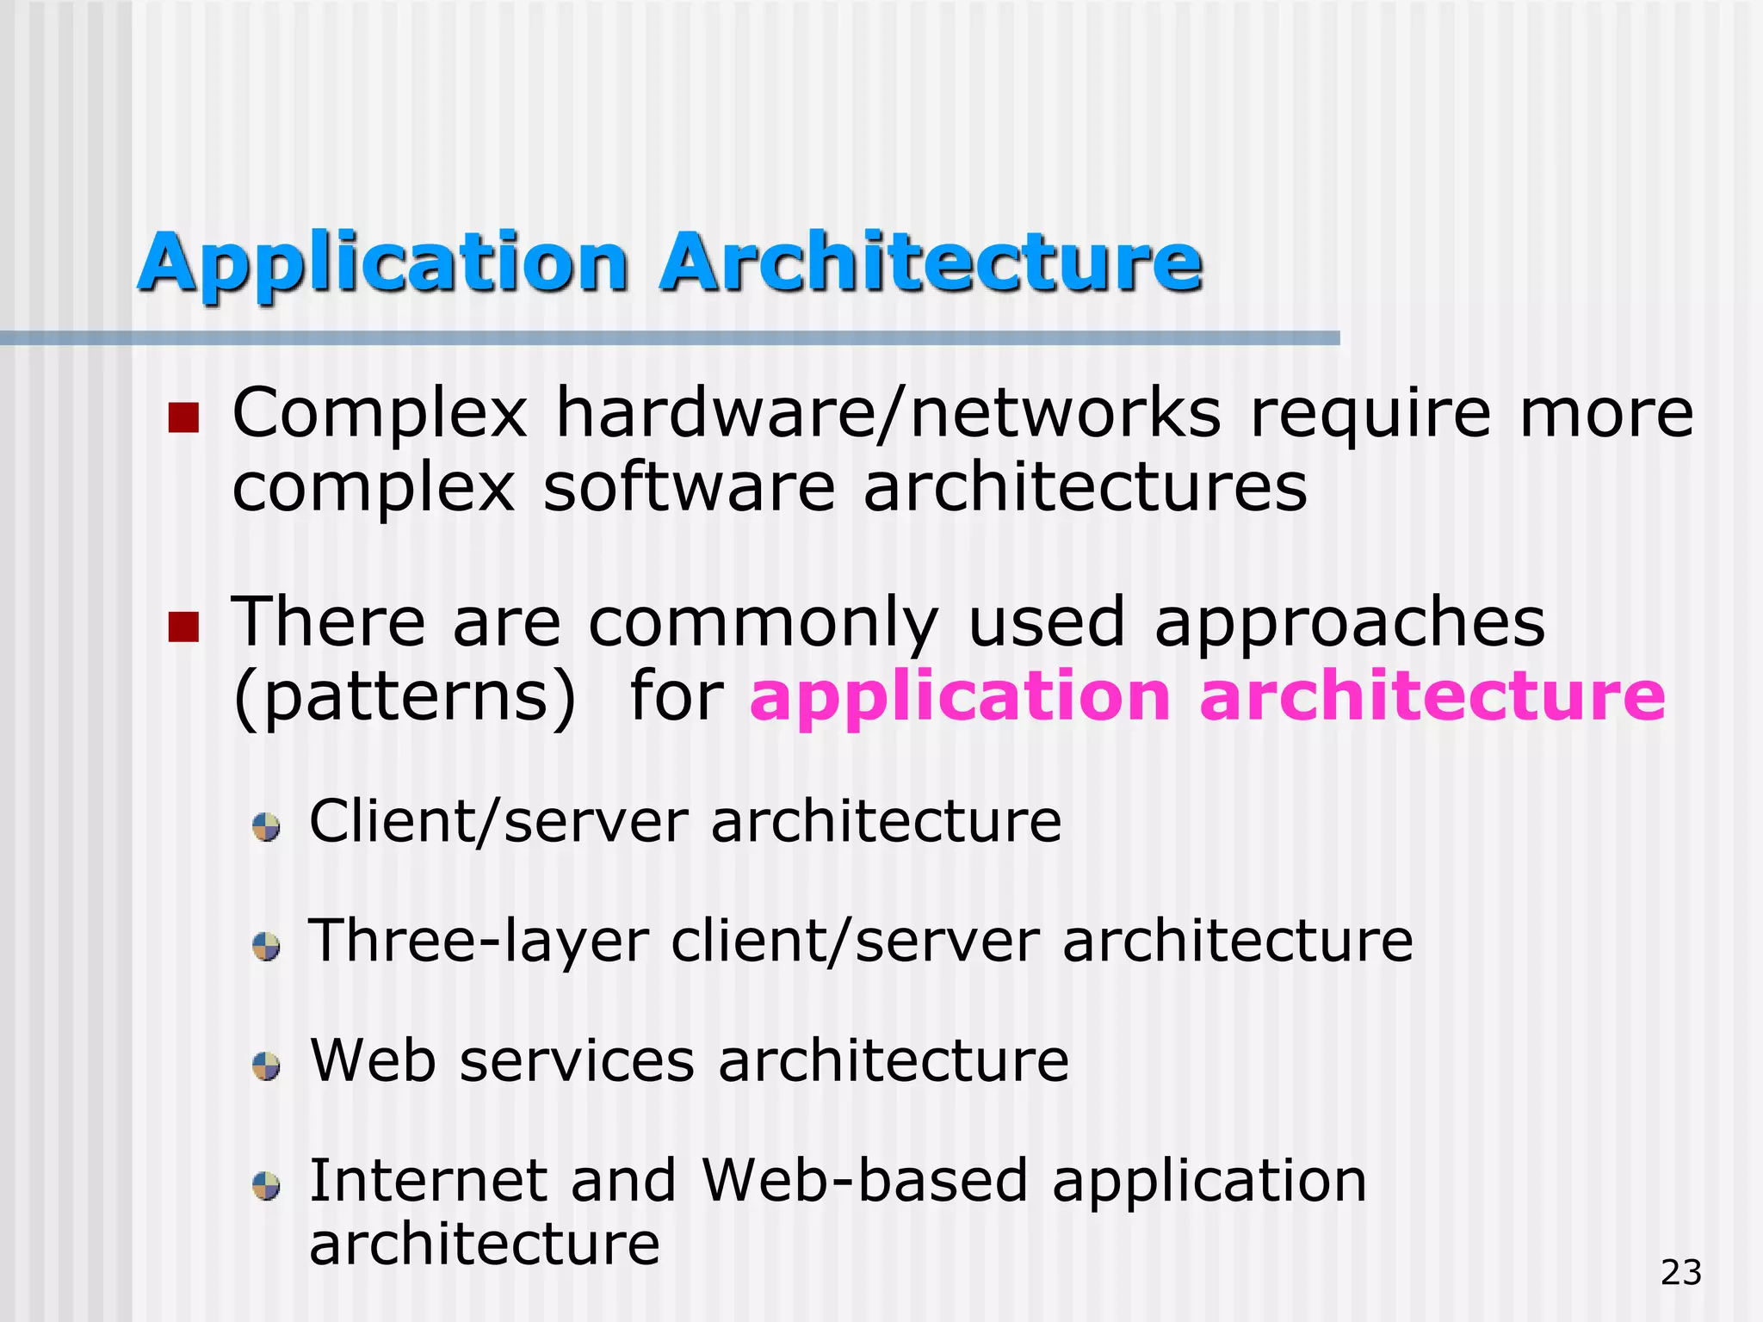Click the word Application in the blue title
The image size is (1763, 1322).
tap(383, 263)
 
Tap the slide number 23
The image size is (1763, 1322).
tap(1680, 1272)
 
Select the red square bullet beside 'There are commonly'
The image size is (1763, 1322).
tap(183, 627)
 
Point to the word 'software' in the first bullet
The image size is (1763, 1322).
tap(689, 487)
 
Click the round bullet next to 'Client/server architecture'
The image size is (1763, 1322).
tap(266, 827)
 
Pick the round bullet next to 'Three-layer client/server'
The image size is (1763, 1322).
tap(266, 947)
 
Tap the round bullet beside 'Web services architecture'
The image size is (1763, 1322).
tap(266, 1066)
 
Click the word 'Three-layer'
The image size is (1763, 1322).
tap(479, 942)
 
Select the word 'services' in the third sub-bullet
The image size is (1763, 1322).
tap(577, 1060)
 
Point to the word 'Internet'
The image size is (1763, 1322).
tap(428, 1180)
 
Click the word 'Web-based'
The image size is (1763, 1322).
tap(864, 1180)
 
